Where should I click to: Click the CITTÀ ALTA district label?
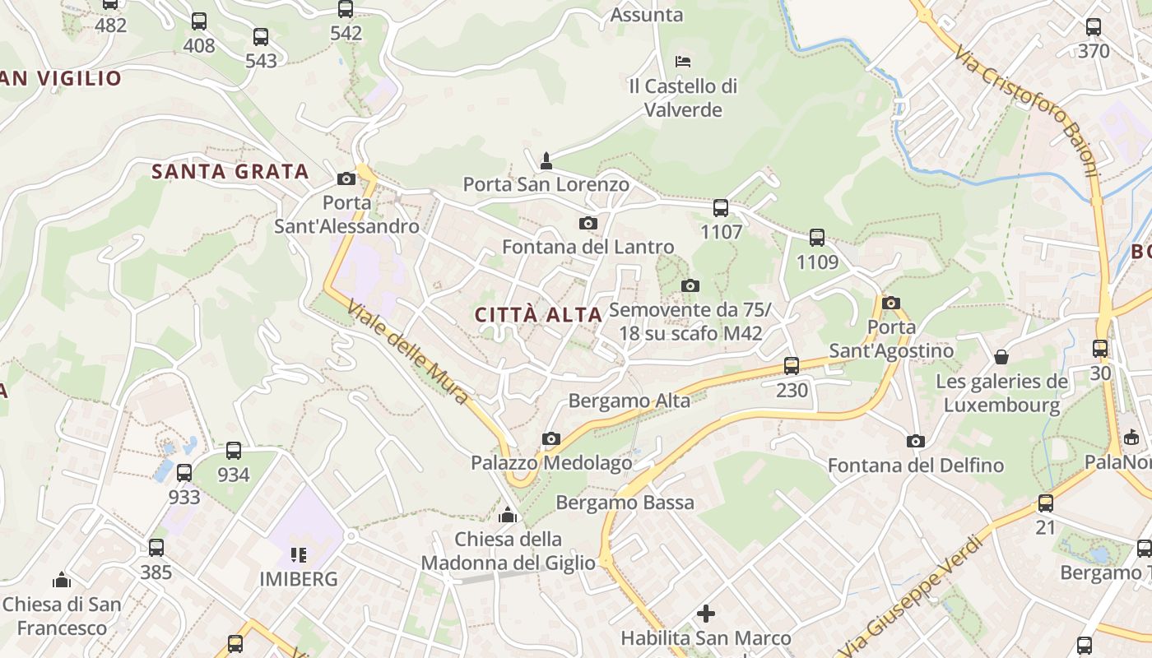coord(539,314)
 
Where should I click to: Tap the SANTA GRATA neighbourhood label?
coord(230,171)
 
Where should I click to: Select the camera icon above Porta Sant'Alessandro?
coord(346,178)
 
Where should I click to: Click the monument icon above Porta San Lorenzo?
coord(546,159)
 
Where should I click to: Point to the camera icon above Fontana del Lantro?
coord(588,223)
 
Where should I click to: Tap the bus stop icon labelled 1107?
coord(721,208)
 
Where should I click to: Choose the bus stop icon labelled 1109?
coord(816,238)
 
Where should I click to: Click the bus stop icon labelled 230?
coord(792,366)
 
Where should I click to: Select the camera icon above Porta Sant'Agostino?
coord(890,303)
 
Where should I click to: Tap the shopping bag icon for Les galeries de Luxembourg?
coord(1001,357)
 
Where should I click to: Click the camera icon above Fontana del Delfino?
coord(915,442)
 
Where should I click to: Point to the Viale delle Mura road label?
coord(407,351)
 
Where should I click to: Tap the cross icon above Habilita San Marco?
coord(706,614)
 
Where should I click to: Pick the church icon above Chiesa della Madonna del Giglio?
coord(508,515)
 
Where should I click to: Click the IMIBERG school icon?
coord(298,554)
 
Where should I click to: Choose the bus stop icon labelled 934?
coord(234,451)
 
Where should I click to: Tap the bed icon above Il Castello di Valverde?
coord(682,61)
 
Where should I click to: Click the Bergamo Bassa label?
coord(625,502)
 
